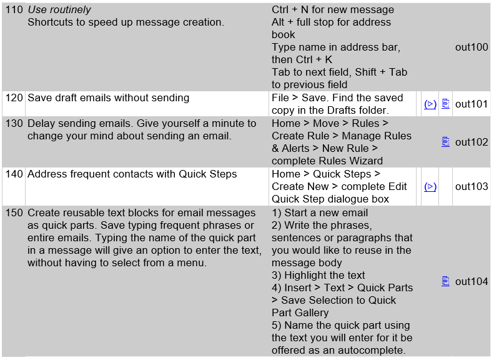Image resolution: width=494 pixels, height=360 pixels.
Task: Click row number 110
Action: tap(14, 10)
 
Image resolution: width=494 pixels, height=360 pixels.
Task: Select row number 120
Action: tap(14, 98)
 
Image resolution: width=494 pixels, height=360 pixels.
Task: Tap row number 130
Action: tap(14, 124)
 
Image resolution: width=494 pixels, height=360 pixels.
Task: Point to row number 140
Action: tap(14, 174)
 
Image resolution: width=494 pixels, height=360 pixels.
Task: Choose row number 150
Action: tap(14, 212)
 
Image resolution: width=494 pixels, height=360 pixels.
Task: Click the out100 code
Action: tap(472, 47)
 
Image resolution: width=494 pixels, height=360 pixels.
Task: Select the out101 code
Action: tap(472, 104)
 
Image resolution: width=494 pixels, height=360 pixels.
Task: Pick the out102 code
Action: tap(472, 142)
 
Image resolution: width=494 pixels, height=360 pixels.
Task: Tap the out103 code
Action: tap(472, 186)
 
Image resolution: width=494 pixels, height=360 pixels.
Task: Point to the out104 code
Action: tap(472, 281)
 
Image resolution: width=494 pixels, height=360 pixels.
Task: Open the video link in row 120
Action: tap(430, 104)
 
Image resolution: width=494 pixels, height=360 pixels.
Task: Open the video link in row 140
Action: tap(430, 186)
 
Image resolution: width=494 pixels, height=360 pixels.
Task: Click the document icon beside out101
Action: tap(445, 104)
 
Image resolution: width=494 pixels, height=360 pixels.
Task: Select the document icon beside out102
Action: tap(445, 142)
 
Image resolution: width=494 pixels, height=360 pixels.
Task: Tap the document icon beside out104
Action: tap(445, 281)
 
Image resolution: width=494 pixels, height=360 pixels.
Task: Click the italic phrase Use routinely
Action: tap(59, 10)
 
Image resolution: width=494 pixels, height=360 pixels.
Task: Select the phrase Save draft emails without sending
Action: tap(108, 98)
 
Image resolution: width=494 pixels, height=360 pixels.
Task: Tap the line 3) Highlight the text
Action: tap(319, 275)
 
